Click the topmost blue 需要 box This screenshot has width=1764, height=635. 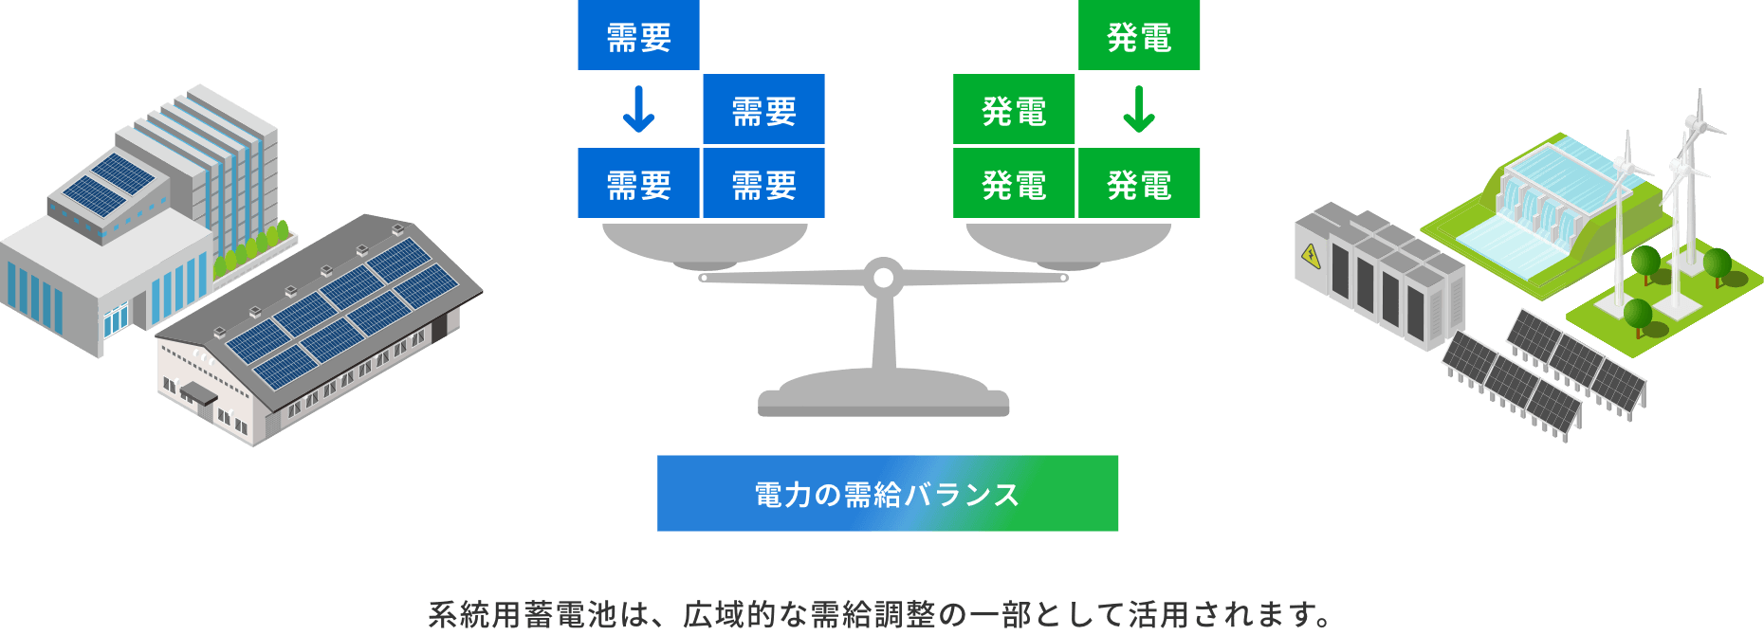pyautogui.click(x=638, y=35)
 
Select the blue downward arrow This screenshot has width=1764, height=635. pyautogui.click(x=638, y=109)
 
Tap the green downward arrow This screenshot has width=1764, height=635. pyautogui.click(x=1138, y=109)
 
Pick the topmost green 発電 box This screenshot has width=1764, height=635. pyautogui.click(x=1139, y=35)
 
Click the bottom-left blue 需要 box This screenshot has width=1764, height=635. pyautogui.click(x=638, y=183)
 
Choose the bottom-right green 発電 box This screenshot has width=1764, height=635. pyautogui.click(x=1139, y=183)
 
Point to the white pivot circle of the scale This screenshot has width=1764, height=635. pyautogui.click(x=883, y=278)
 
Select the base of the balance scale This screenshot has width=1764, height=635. pyautogui.click(x=883, y=394)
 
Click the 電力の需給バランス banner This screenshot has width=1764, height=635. pyautogui.click(x=887, y=493)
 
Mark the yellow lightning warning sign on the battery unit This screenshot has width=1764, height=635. pyautogui.click(x=1311, y=255)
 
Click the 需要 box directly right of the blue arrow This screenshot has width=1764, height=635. pyautogui.click(x=763, y=109)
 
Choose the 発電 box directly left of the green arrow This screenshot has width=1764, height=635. pyautogui.click(x=1014, y=109)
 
